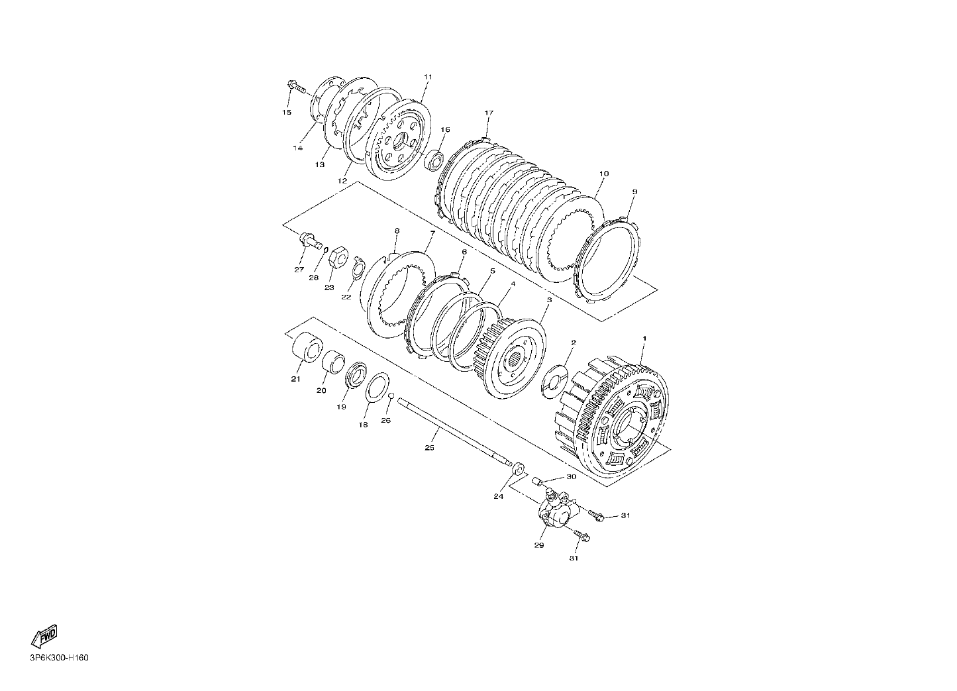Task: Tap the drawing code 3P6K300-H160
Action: (x=60, y=658)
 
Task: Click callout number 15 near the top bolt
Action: (x=287, y=113)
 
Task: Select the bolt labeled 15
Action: (x=297, y=87)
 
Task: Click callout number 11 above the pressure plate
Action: (x=428, y=77)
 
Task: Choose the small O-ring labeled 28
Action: (x=326, y=250)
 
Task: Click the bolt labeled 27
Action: (x=311, y=240)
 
